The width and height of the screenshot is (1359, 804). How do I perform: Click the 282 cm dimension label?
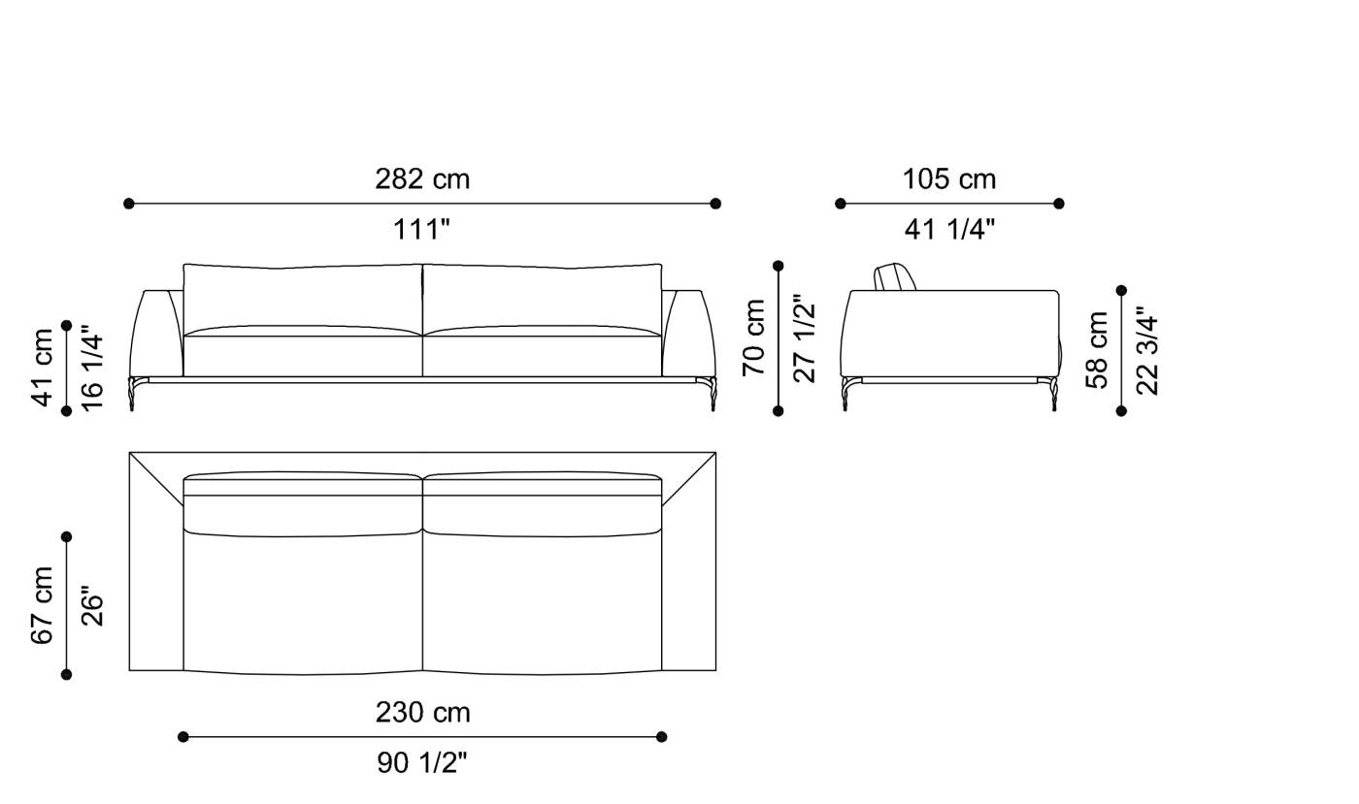[x=422, y=179]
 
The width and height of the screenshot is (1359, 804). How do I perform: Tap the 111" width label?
[x=421, y=230]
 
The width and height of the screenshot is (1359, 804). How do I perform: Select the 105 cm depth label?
[x=949, y=179]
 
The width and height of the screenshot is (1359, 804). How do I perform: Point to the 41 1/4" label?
[x=949, y=230]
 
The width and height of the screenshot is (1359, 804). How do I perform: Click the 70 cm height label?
[x=754, y=338]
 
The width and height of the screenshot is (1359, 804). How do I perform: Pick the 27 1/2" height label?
[x=805, y=338]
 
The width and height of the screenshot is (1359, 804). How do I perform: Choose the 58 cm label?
[x=1098, y=350]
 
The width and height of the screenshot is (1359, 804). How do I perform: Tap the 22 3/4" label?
[x=1148, y=350]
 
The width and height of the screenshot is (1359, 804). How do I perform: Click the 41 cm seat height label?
[x=44, y=368]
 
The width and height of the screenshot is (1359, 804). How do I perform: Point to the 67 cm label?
[x=44, y=605]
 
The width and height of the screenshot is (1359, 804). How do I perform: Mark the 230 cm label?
[x=422, y=713]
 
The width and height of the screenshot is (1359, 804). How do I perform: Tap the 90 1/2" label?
[x=422, y=763]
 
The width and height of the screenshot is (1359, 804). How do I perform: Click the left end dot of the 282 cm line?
[x=129, y=204]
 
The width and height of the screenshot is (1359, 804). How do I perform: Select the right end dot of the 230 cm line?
[x=662, y=737]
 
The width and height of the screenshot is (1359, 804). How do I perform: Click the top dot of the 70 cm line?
[x=778, y=266]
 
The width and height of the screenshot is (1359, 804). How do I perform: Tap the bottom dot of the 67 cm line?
[x=67, y=674]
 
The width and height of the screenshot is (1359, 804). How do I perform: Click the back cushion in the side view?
[x=895, y=277]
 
